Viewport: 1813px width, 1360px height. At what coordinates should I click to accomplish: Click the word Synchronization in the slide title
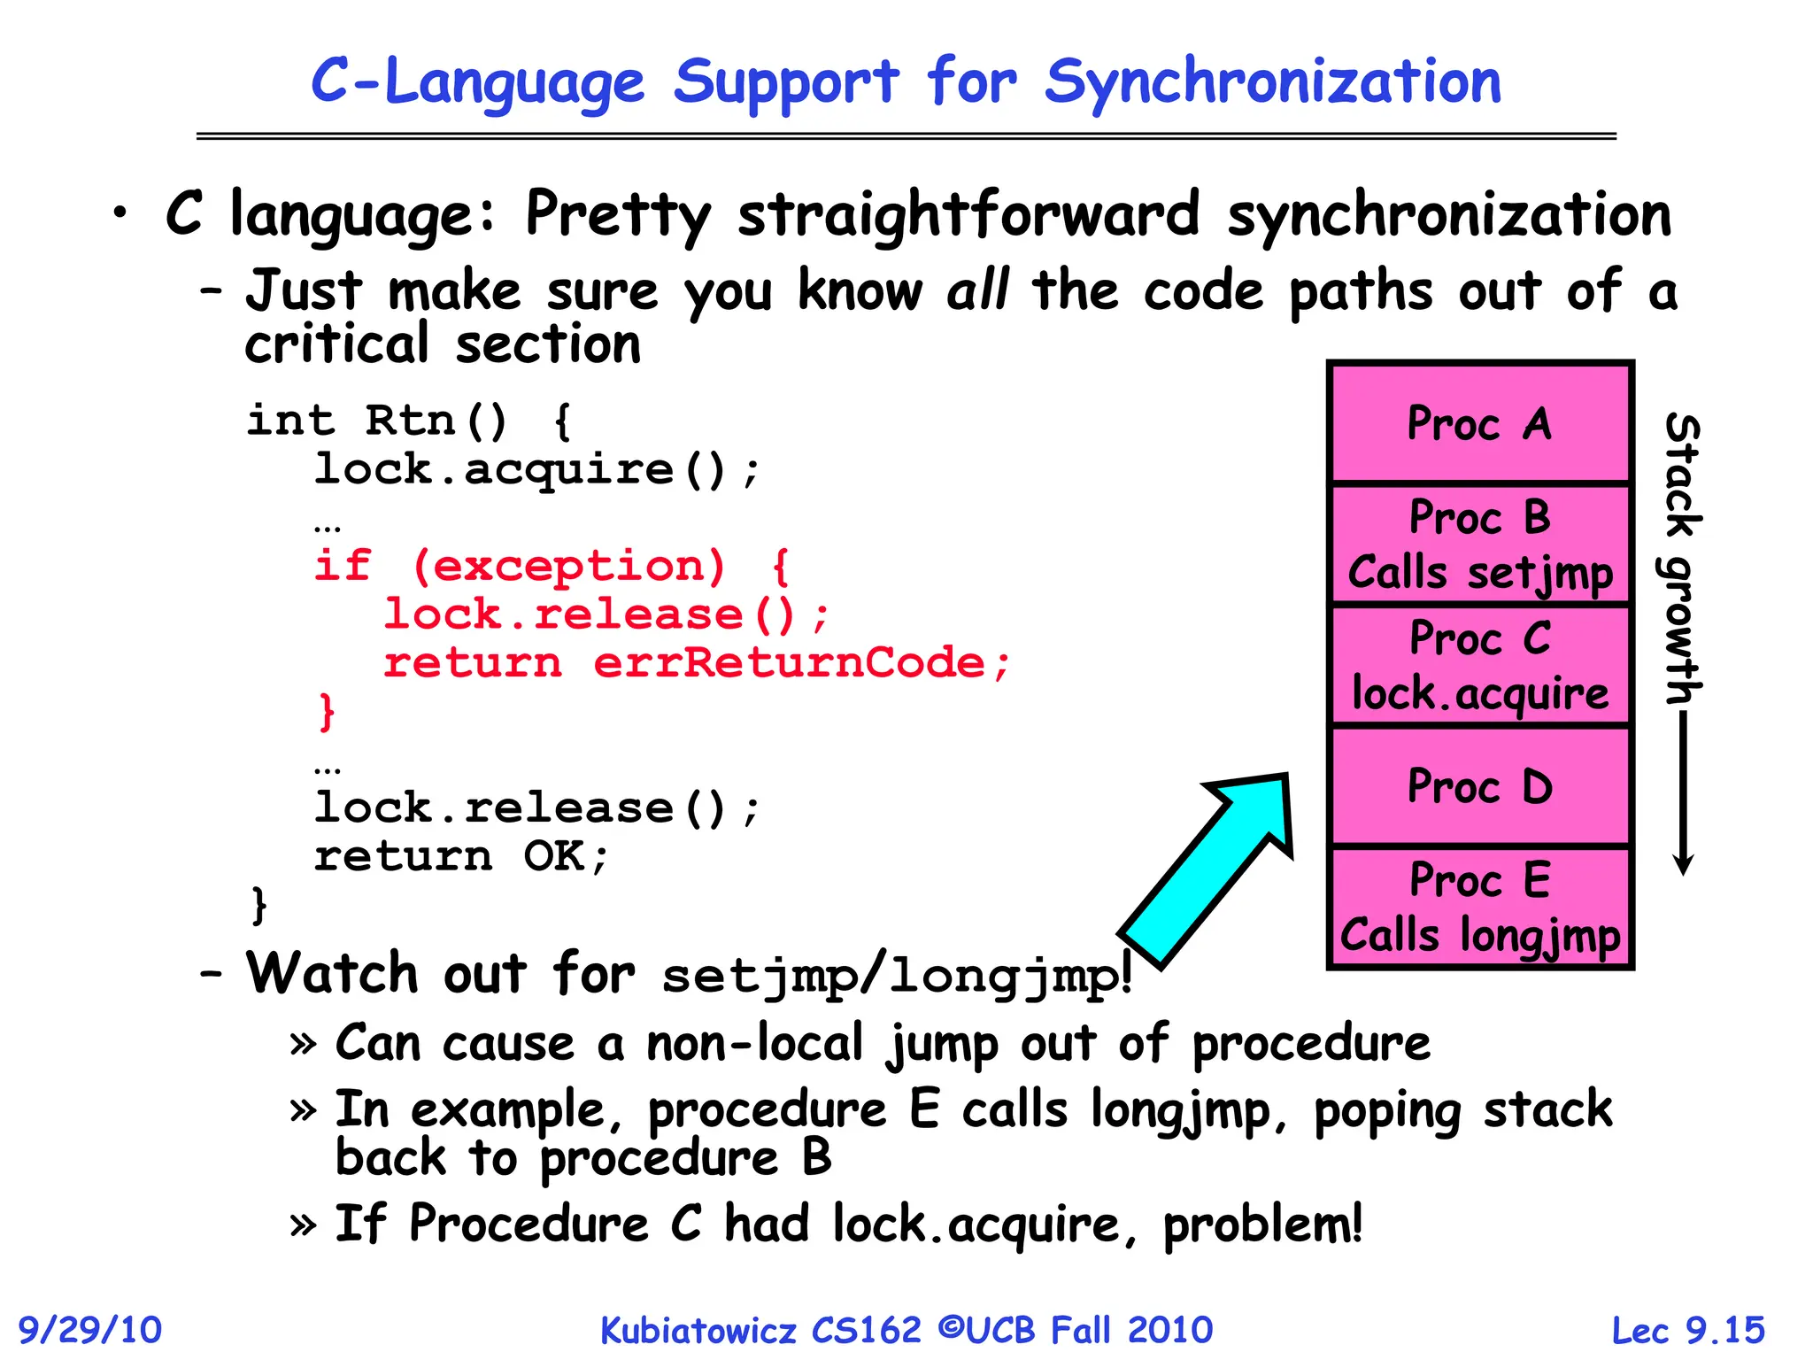tap(1272, 82)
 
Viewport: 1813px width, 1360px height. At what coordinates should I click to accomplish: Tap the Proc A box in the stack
tap(1479, 423)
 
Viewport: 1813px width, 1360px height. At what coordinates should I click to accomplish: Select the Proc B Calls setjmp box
tap(1479, 545)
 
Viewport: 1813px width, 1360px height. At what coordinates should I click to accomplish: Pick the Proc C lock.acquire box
tap(1479, 666)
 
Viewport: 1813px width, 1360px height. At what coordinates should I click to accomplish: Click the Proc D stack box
tap(1479, 786)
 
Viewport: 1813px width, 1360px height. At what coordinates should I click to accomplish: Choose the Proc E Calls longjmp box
tap(1479, 908)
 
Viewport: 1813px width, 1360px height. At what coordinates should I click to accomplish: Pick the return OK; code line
tap(461, 856)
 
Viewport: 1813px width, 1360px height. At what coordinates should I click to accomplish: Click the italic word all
tap(977, 290)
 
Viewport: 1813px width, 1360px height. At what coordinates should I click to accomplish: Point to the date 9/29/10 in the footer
tap(90, 1330)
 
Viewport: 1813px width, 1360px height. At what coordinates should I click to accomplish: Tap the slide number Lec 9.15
tap(1687, 1330)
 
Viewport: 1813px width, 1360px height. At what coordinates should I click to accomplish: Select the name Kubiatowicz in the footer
tap(698, 1330)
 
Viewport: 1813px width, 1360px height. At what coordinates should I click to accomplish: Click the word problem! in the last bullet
tap(1262, 1225)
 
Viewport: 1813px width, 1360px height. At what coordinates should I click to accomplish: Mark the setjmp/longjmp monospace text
tap(894, 976)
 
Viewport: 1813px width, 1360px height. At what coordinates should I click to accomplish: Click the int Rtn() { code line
tap(409, 421)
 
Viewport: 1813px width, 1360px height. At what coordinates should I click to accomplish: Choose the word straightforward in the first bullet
tap(968, 214)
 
